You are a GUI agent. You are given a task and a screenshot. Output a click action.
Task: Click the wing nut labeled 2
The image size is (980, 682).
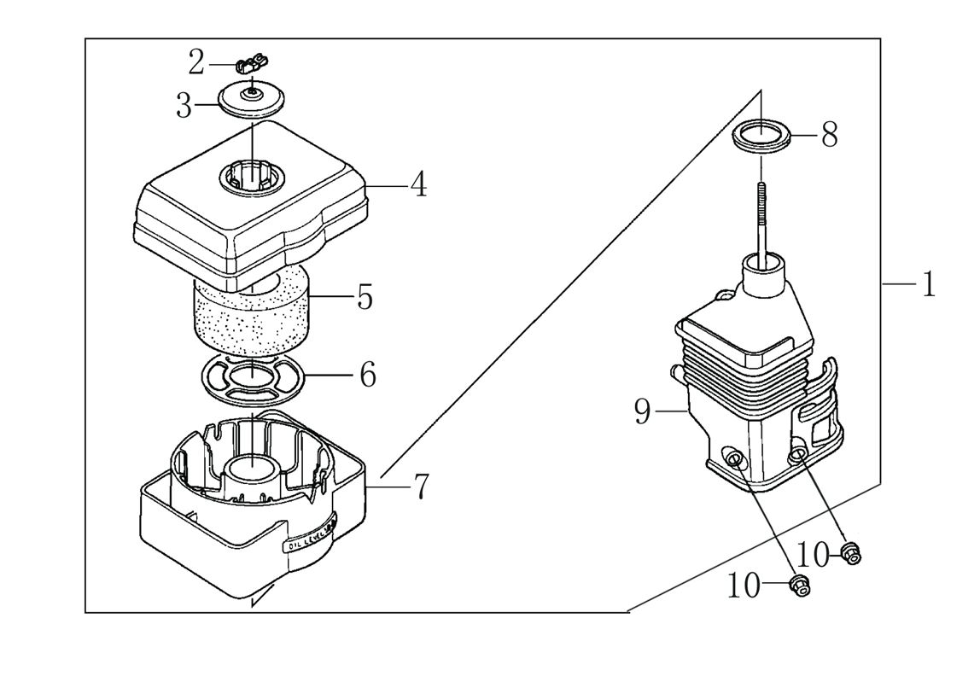click(251, 61)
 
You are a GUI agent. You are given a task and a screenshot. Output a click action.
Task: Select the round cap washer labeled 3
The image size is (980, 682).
click(251, 100)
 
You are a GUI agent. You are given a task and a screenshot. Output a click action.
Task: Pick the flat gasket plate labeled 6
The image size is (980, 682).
click(253, 376)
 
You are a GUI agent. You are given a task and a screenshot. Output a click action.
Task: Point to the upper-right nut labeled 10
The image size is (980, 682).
click(850, 552)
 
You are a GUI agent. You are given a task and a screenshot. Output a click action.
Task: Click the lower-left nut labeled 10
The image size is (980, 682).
click(799, 585)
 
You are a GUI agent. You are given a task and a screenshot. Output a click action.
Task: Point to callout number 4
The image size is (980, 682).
click(418, 184)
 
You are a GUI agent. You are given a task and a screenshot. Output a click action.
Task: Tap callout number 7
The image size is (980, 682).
click(420, 487)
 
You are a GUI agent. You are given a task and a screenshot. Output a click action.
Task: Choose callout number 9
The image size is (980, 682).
click(642, 412)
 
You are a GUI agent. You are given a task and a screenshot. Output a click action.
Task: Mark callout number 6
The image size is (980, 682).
click(367, 375)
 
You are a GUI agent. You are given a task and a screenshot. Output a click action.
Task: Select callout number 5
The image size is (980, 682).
click(365, 298)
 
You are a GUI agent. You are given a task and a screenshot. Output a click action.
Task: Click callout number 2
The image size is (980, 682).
click(197, 62)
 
